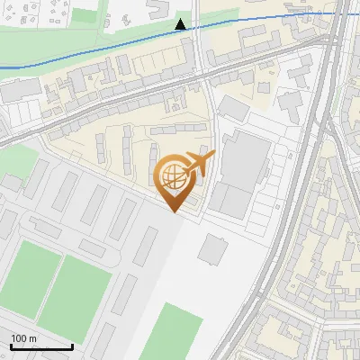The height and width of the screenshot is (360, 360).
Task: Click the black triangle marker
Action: tap(181, 24)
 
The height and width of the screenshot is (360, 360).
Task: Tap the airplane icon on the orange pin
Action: tap(197, 165)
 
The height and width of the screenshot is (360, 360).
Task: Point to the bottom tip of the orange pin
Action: tap(175, 211)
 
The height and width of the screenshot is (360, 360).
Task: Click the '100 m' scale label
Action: tap(23, 338)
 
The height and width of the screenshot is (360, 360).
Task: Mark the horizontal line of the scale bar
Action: tap(41, 346)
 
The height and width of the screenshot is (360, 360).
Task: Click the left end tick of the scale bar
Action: tap(11, 345)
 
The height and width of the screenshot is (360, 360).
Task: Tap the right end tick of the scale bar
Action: tap(72, 345)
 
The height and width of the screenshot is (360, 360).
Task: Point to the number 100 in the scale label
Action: tap(18, 338)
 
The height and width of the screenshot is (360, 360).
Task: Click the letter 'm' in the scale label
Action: tap(32, 338)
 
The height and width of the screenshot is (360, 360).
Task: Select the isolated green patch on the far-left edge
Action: tap(16, 162)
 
